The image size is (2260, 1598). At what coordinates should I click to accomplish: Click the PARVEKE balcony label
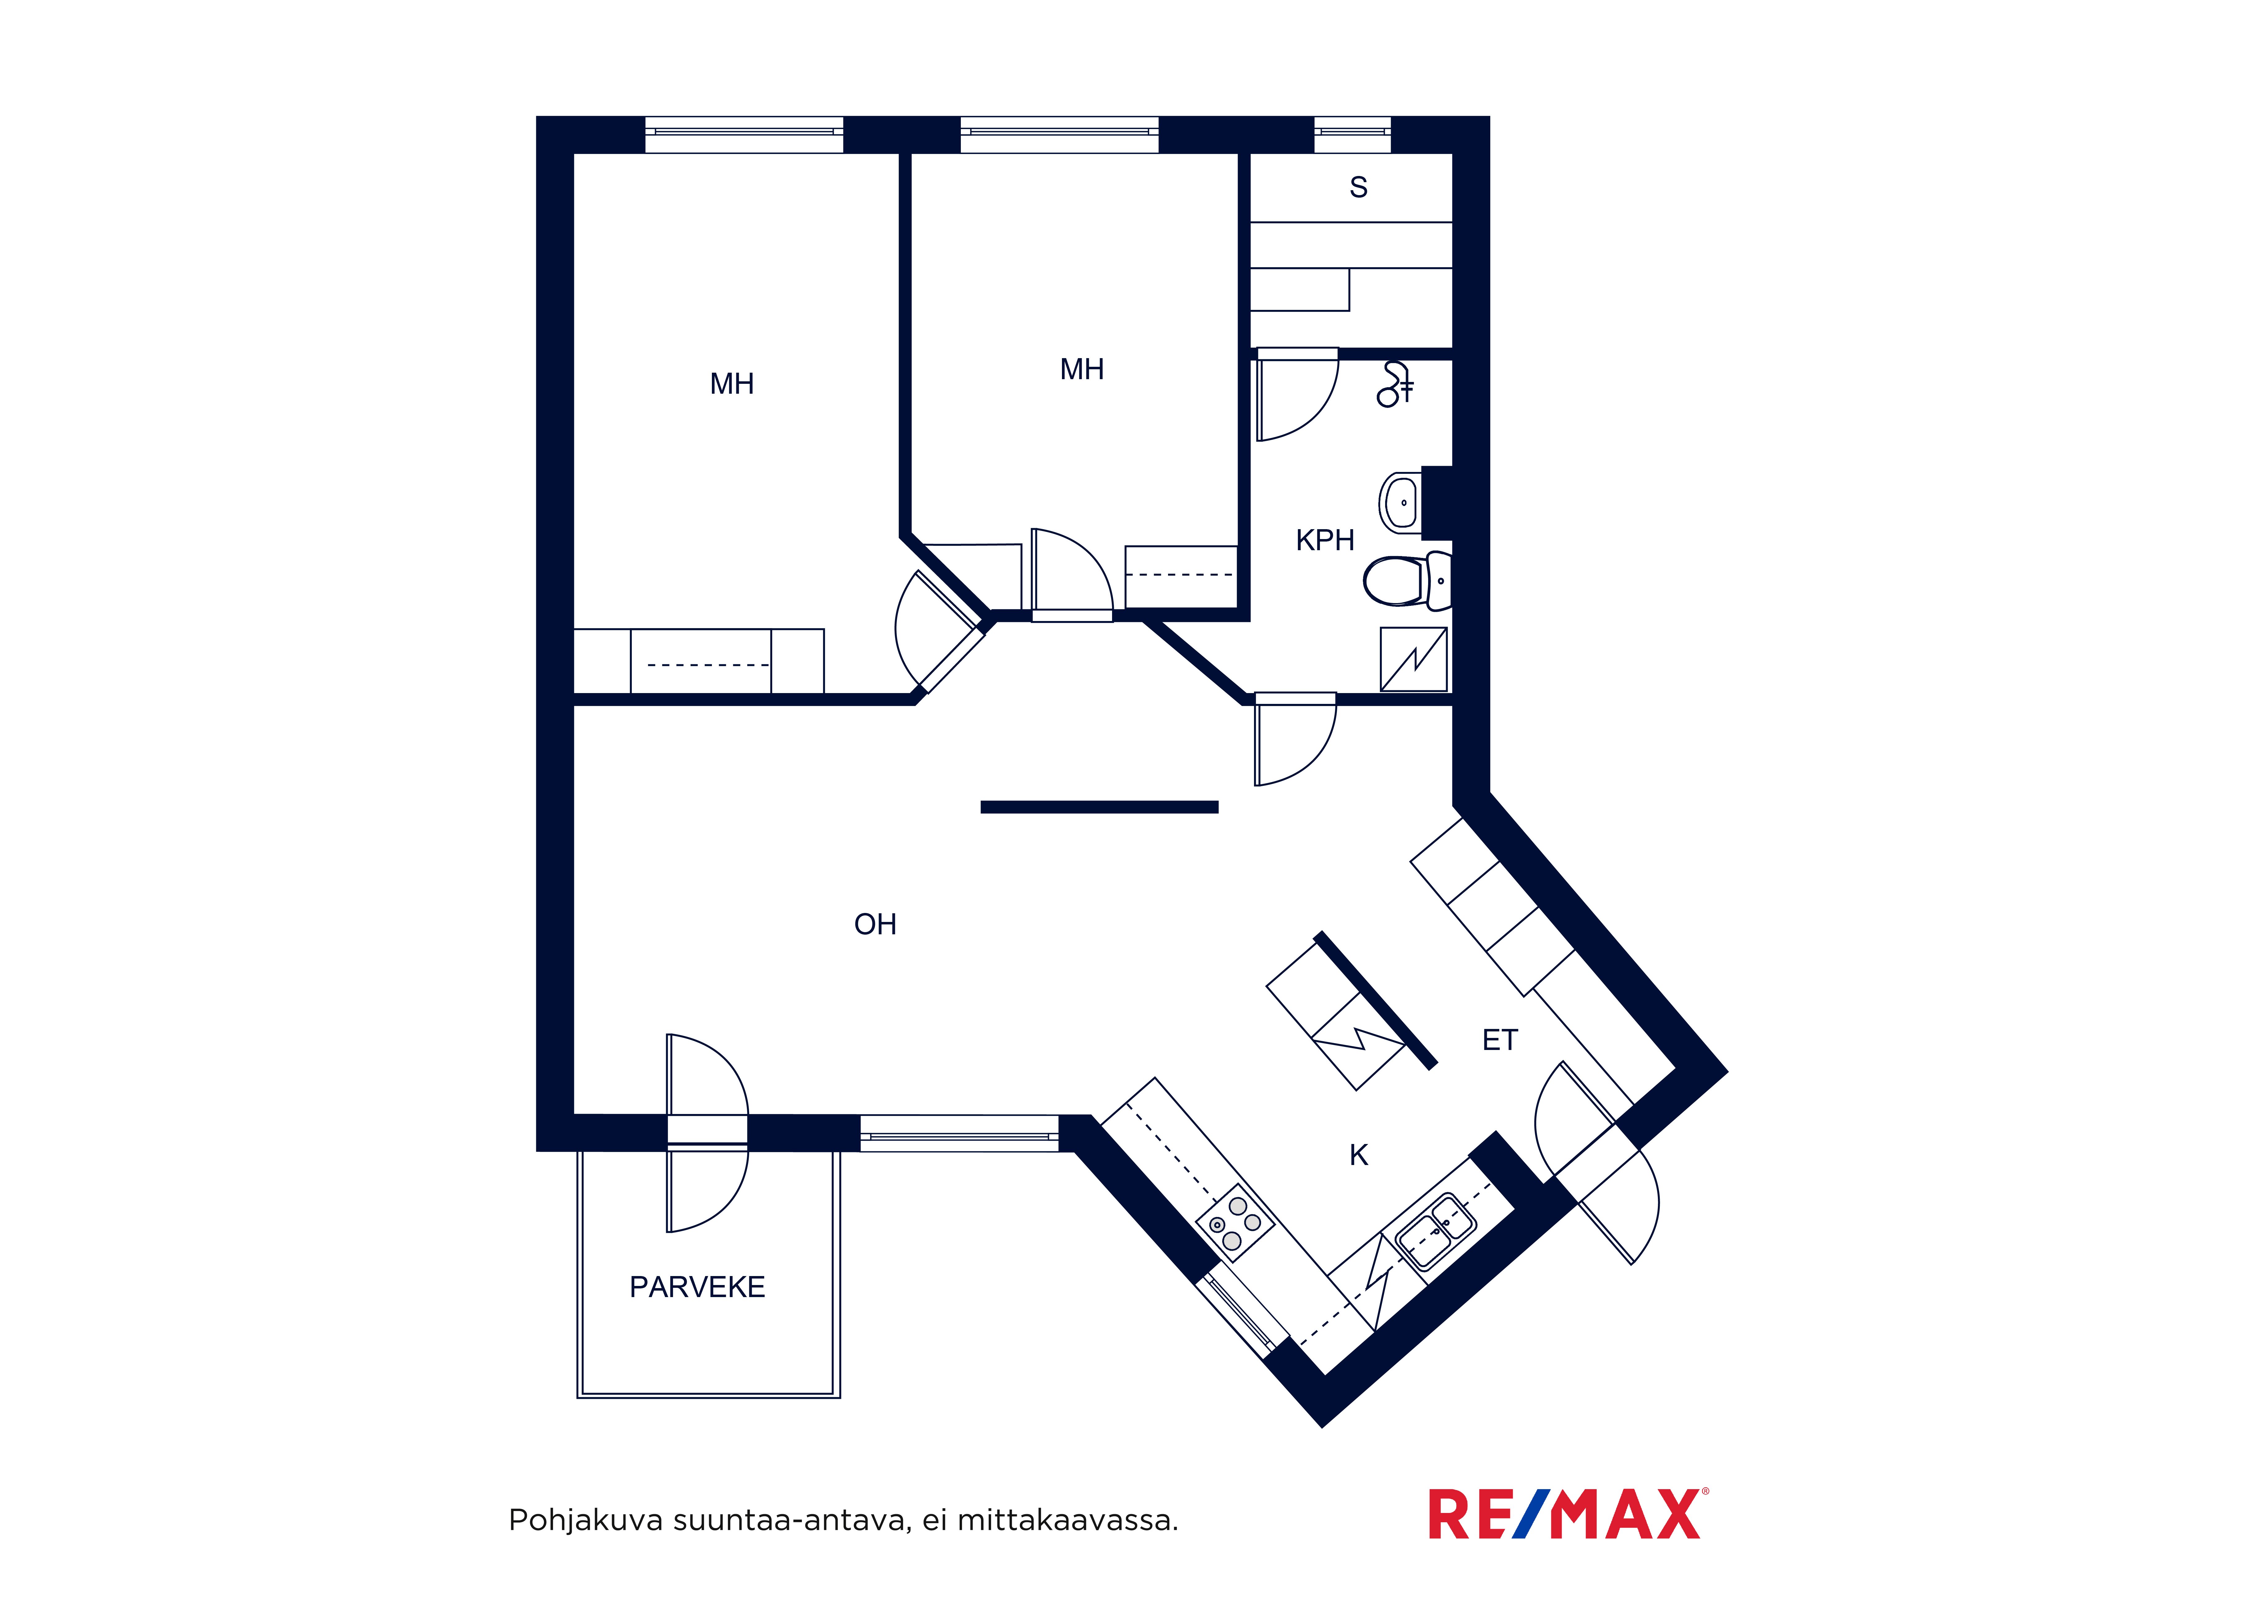[697, 1287]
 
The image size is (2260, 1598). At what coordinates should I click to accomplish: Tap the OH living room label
[875, 924]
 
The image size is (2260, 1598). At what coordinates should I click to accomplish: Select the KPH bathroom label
[1325, 541]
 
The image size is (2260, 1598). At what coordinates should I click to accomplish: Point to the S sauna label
[1358, 187]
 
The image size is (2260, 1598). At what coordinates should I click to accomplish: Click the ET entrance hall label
[1500, 1040]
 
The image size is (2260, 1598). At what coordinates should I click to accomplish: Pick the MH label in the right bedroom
[1082, 369]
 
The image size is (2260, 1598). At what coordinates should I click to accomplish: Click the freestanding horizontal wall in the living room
[1099, 808]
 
